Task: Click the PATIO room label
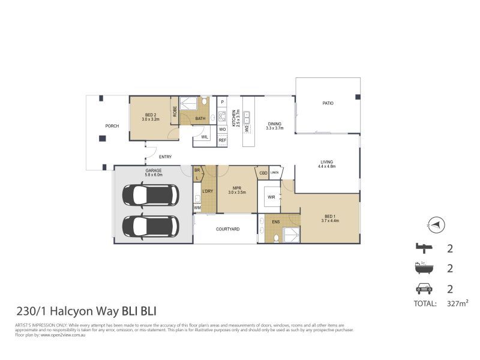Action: [x=328, y=103]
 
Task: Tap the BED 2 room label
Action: [x=151, y=115]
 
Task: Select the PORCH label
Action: [x=112, y=126]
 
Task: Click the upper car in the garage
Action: [x=150, y=194]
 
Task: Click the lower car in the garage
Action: [x=150, y=226]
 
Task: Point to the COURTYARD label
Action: [x=227, y=229]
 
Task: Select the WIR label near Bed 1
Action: [x=271, y=196]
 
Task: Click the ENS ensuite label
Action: [x=275, y=222]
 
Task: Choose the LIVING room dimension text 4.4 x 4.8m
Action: [x=327, y=166]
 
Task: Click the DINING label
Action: [x=274, y=124]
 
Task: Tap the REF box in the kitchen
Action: [x=222, y=140]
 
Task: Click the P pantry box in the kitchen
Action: [x=222, y=103]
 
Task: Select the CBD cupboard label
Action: [x=262, y=173]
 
